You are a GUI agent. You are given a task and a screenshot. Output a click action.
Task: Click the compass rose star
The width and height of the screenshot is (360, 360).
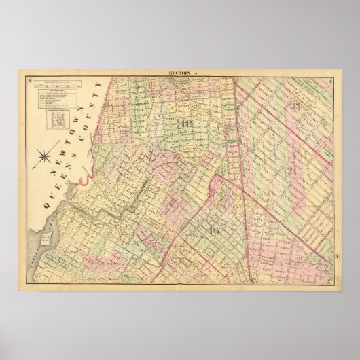46,158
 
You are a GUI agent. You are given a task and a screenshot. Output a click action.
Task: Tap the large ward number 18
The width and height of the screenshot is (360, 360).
187,124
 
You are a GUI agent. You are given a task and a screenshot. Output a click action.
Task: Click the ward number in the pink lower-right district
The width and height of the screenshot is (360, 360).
299,263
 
